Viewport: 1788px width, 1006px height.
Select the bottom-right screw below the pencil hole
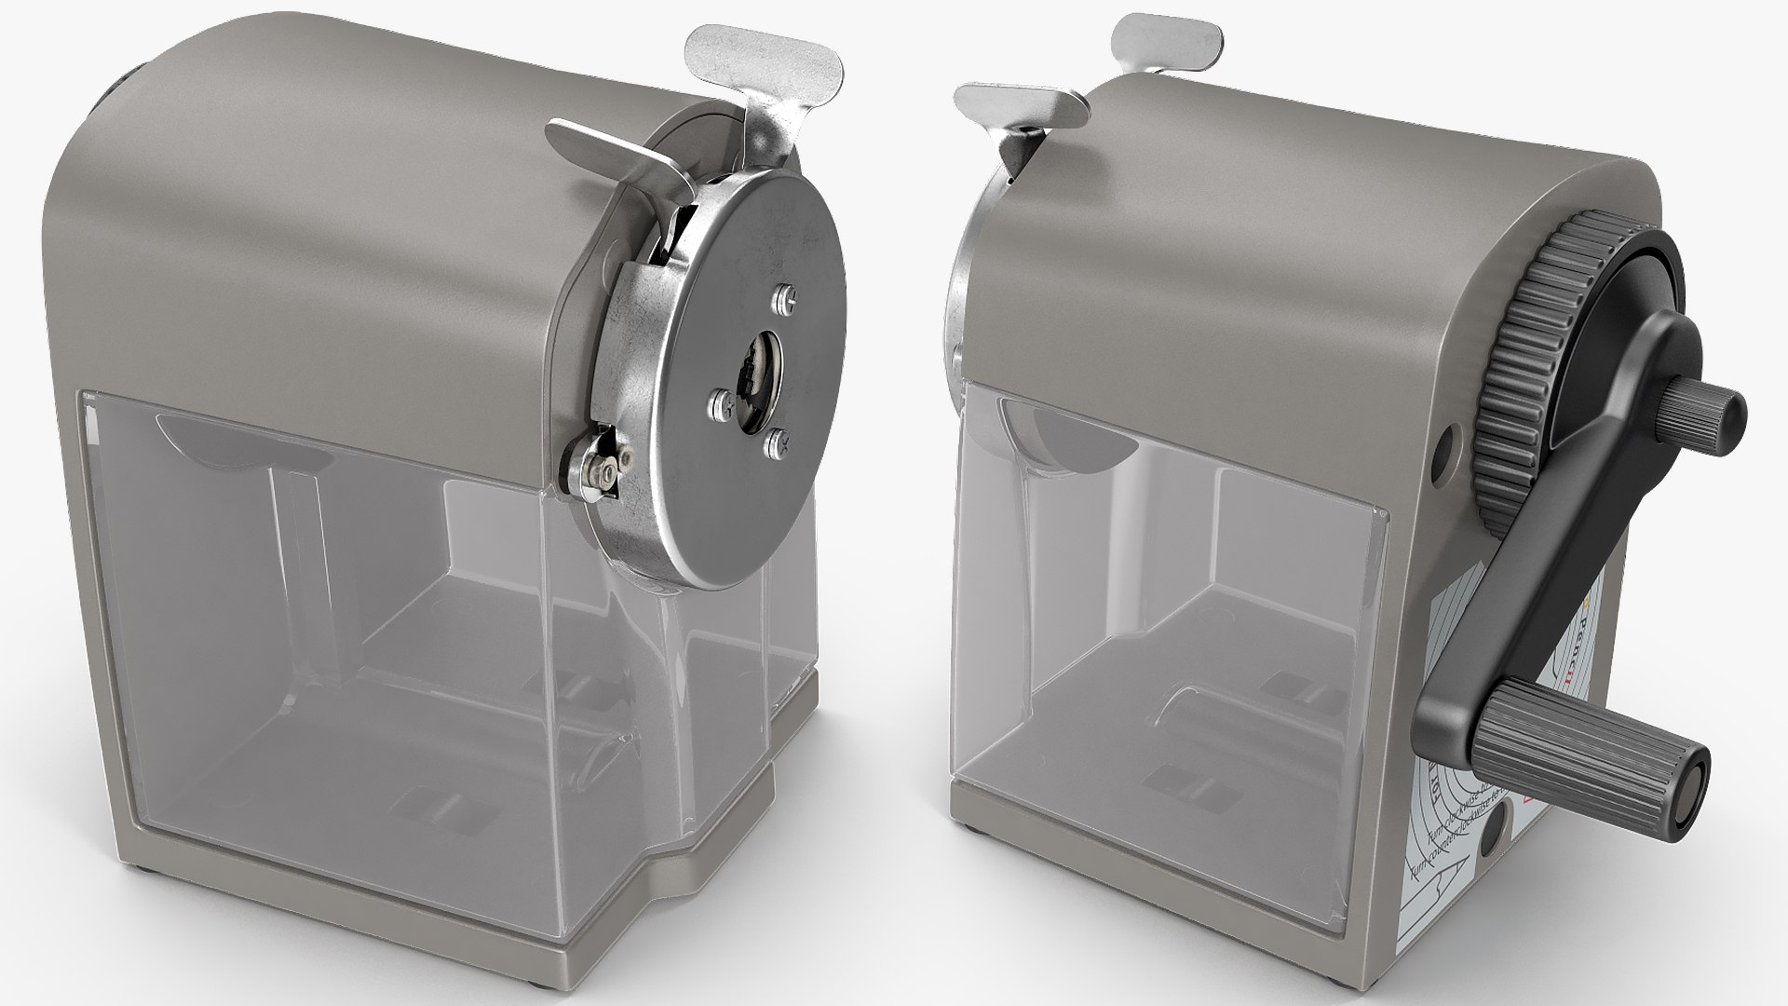(776, 446)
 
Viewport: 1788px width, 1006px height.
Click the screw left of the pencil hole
(718, 402)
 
